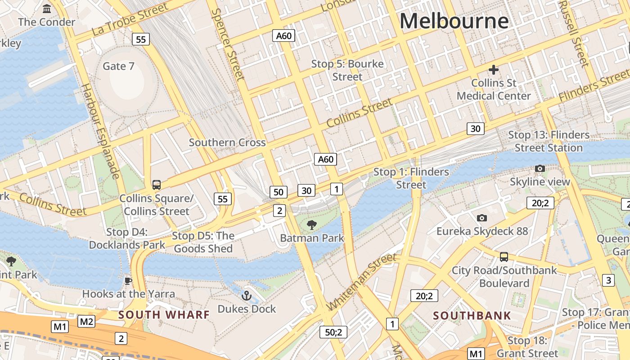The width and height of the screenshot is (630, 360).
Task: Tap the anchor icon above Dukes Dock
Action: pos(246,296)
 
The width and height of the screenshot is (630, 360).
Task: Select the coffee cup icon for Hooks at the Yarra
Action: pos(128,281)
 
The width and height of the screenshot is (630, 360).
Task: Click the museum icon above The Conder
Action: pos(47,9)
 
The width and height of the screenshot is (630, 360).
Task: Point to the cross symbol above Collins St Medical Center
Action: pos(494,70)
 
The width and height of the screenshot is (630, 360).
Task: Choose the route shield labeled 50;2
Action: pos(333,332)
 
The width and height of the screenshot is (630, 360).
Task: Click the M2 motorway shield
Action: pos(86,321)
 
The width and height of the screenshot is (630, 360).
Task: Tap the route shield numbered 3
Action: pos(608,280)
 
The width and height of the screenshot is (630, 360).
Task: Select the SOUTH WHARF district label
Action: pos(164,315)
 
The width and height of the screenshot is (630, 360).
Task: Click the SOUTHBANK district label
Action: pos(472,315)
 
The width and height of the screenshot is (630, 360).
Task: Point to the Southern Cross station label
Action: pos(227,143)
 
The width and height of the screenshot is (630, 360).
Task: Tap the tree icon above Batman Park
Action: pos(311,225)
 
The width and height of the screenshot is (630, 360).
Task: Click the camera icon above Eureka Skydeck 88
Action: pos(482,218)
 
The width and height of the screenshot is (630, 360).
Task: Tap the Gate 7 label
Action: pos(118,66)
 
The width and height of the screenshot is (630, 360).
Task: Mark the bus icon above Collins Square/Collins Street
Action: pos(157,184)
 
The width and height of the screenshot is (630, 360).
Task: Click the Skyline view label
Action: pos(540,182)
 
